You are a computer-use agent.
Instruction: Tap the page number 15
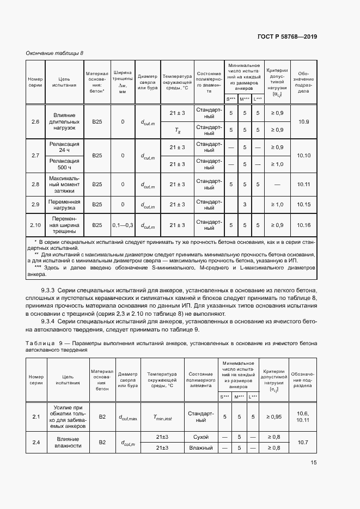coord(314,463)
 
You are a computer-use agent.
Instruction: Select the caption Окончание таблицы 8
coord(54,53)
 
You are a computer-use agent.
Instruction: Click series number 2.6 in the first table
coord(35,121)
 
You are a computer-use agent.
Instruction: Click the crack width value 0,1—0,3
coord(123,225)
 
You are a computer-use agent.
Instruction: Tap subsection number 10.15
coord(304,204)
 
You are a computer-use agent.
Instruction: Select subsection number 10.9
coord(304,121)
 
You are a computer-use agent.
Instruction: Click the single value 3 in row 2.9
coord(245,204)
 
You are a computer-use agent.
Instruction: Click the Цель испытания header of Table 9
coord(68,379)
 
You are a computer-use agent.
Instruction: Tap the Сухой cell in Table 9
coord(200,437)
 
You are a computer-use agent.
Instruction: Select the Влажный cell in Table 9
coord(200,447)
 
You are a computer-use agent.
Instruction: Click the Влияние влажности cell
coord(68,442)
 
